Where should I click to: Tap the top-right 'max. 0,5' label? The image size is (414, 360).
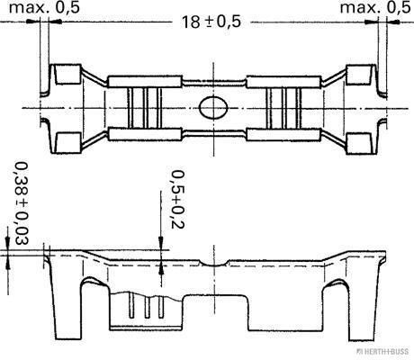coord(373,8)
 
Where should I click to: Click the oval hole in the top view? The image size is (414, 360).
coord(213,108)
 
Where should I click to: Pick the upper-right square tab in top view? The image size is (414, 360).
coord(360,74)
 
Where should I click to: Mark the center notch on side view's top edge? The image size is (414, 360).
coord(213,265)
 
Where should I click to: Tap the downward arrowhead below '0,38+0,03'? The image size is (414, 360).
coord(9,244)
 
